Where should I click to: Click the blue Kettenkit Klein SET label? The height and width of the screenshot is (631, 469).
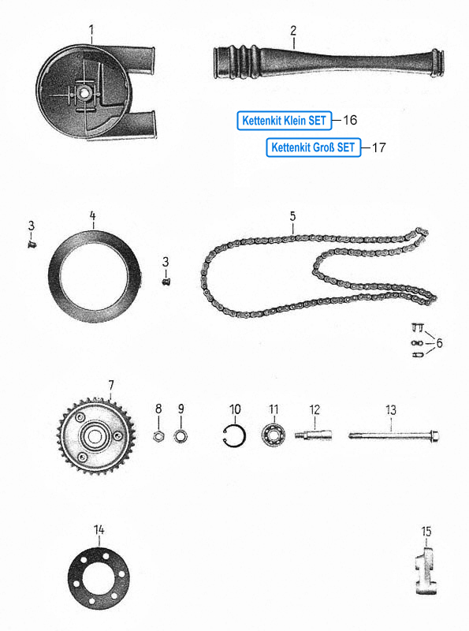(285, 121)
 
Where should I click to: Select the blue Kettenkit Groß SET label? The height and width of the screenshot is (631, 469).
(314, 147)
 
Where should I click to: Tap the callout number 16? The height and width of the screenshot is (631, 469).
(350, 120)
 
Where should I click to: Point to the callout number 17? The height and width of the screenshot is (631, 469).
(378, 147)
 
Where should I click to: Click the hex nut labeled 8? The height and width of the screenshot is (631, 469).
(158, 435)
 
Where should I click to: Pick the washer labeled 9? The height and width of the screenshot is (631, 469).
(181, 435)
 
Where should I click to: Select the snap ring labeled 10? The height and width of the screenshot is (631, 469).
(233, 436)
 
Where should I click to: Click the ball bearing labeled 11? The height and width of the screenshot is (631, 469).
(274, 435)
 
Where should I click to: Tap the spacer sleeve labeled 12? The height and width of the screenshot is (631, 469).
(314, 435)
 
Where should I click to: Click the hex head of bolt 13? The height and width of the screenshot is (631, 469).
(434, 436)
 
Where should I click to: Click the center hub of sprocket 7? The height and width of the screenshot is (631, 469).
(95, 437)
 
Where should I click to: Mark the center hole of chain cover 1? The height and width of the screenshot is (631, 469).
(84, 93)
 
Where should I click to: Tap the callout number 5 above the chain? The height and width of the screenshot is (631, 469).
(292, 216)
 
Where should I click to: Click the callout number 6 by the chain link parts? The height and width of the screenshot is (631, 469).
(439, 343)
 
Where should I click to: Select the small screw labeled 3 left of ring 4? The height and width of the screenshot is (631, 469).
(32, 244)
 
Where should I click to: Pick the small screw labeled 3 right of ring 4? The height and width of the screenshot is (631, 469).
(166, 282)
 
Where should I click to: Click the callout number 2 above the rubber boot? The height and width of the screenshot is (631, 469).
(293, 30)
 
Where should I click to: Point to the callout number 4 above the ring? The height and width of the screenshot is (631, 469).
(92, 216)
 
